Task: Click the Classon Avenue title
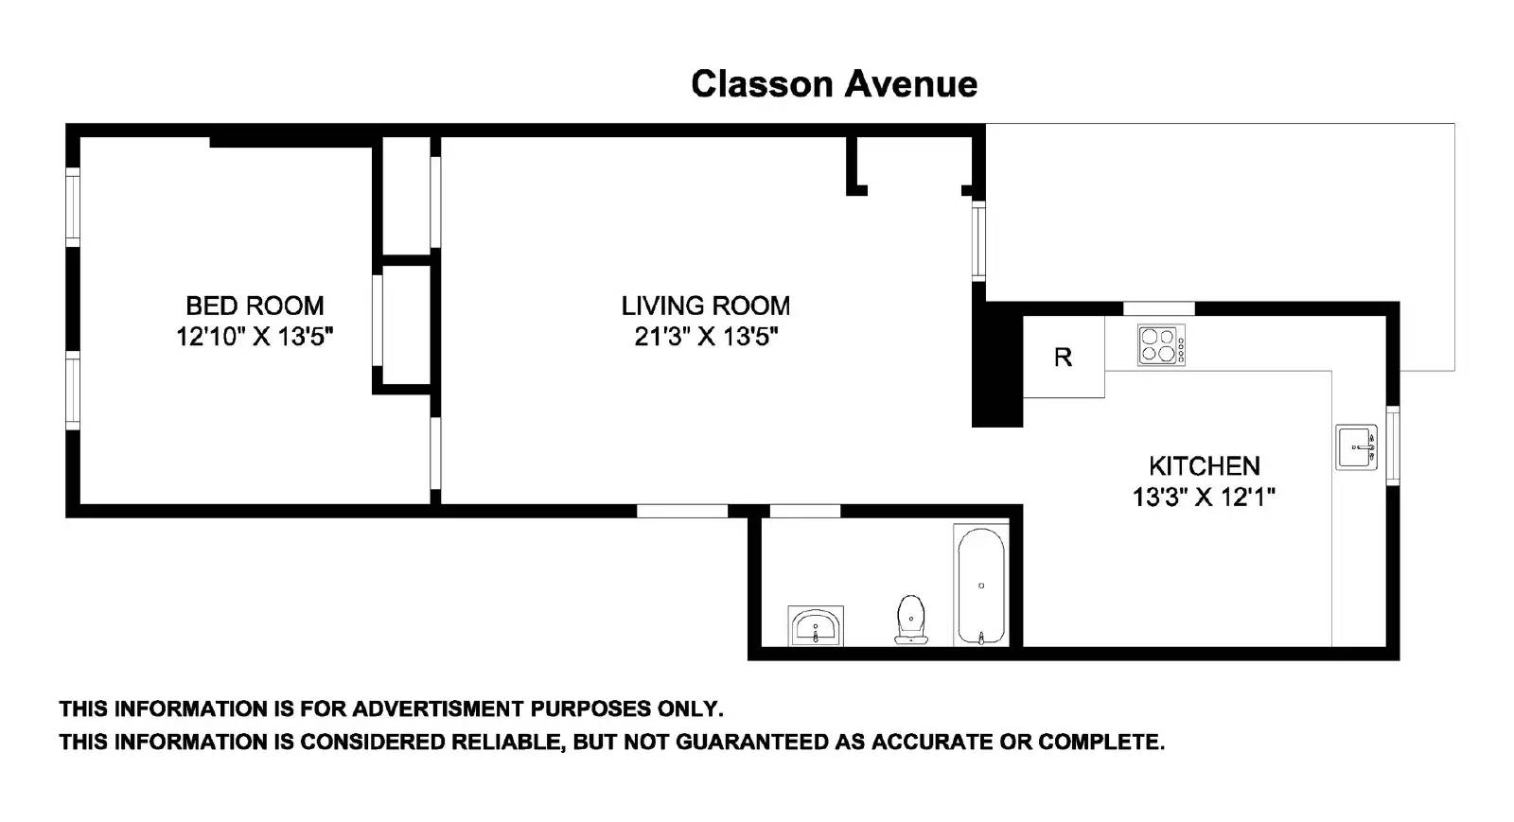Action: point(834,85)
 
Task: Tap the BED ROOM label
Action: point(255,306)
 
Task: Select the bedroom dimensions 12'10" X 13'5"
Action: point(255,337)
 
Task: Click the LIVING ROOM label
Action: point(706,306)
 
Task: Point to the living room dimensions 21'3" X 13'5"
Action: point(706,337)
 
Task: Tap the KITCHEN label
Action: point(1205,466)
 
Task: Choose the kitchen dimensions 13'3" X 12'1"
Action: point(1204,498)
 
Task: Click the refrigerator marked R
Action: point(1064,357)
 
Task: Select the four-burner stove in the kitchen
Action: point(1161,346)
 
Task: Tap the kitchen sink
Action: point(1357,447)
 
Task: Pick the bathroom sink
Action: point(816,626)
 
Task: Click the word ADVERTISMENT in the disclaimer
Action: point(437,709)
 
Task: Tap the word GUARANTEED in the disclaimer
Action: point(752,743)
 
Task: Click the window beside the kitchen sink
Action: point(1393,446)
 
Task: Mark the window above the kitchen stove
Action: point(1159,308)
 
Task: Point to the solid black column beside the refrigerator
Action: point(997,365)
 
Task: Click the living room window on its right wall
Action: point(978,240)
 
